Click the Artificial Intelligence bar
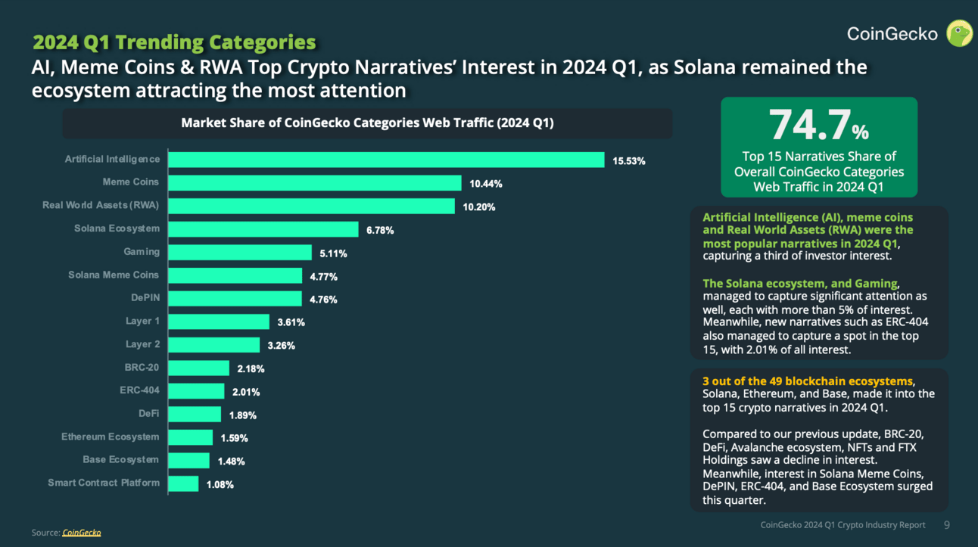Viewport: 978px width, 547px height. point(386,160)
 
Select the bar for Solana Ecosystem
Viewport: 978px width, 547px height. point(263,229)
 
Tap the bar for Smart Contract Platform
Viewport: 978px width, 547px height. point(183,483)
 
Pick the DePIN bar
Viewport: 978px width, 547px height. point(235,299)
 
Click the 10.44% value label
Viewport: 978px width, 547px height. point(485,184)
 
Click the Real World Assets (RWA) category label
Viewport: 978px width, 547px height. point(101,206)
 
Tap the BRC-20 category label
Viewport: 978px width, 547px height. point(142,368)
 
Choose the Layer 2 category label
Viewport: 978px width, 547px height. point(142,344)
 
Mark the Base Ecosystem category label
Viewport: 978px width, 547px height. point(120,460)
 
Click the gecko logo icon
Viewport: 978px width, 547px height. point(961,33)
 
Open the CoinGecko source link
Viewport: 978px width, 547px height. point(81,533)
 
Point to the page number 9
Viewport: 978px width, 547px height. point(946,525)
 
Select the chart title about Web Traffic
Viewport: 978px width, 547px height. point(367,123)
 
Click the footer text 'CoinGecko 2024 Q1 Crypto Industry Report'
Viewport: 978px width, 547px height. point(843,525)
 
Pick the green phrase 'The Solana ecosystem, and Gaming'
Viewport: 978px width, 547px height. point(800,284)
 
